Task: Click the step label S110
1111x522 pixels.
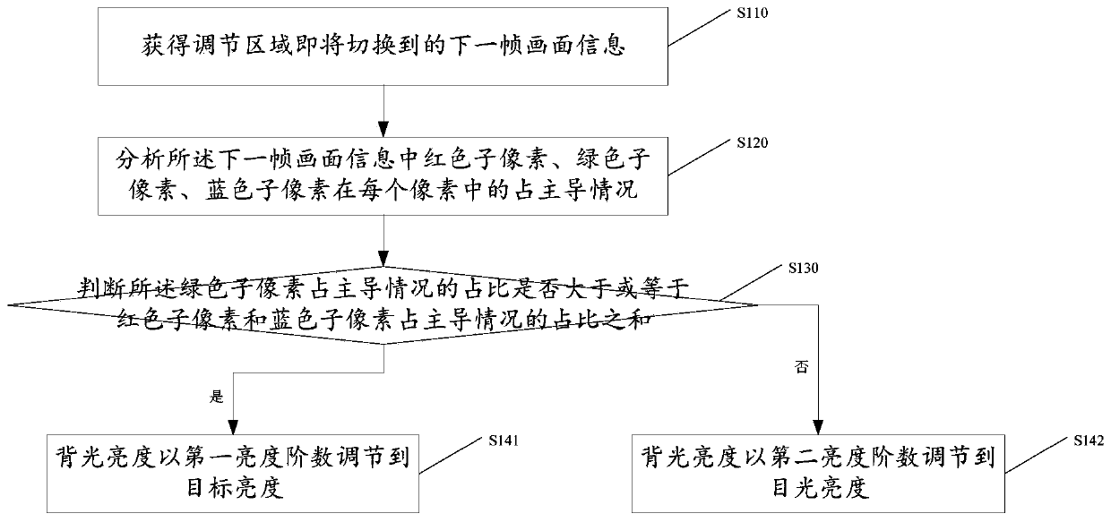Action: (752, 13)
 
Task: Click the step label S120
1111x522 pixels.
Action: (752, 142)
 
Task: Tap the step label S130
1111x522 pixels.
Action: (803, 269)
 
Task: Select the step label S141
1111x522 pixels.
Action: (504, 441)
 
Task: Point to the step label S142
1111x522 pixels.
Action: (1089, 441)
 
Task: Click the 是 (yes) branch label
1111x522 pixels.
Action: (217, 397)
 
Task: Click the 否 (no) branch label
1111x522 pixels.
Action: (802, 367)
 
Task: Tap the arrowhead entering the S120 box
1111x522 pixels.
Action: (383, 129)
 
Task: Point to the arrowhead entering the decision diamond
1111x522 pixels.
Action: (383, 258)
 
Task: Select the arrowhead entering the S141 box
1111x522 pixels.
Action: (233, 427)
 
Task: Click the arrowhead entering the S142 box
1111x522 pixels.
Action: (818, 427)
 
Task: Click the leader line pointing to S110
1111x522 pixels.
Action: (700, 28)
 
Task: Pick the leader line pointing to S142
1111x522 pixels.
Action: (1037, 455)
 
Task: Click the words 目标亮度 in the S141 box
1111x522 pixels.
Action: (235, 488)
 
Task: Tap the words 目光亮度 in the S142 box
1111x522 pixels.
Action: (821, 488)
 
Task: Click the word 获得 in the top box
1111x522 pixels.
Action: (165, 46)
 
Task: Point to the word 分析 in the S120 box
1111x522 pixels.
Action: (140, 159)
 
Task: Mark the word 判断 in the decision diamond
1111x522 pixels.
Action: (100, 289)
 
